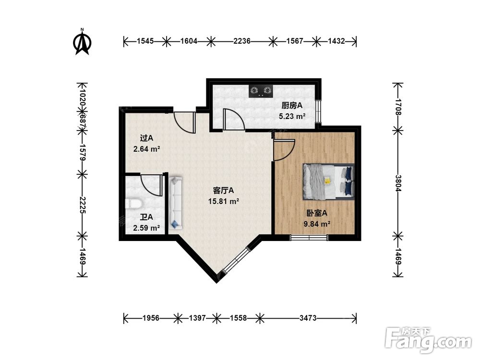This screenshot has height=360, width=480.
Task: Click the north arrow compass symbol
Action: pos(82,42)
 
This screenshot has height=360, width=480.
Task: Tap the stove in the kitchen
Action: pos(261,91)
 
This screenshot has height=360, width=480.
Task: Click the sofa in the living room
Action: pos(175,203)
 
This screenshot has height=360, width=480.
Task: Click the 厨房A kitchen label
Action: pos(292,106)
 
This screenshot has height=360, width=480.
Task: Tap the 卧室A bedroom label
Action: pos(317,213)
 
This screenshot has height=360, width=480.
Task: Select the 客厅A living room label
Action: pos(223,191)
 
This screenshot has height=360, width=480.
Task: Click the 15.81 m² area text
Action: pos(224,202)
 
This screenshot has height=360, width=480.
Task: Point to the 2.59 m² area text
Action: pos(146,228)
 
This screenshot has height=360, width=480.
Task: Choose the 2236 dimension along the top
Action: pos(242,41)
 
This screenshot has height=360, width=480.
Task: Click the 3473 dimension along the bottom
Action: pos(308,318)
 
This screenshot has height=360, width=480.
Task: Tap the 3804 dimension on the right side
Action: pos(398,183)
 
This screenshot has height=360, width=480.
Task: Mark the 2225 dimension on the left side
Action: pos(82,205)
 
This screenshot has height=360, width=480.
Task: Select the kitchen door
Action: pos(233,120)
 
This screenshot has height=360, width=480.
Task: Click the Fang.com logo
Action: pos(428,339)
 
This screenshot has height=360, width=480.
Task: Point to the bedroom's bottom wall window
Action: pos(309,237)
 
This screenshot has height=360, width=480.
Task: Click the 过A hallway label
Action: pos(146,138)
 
